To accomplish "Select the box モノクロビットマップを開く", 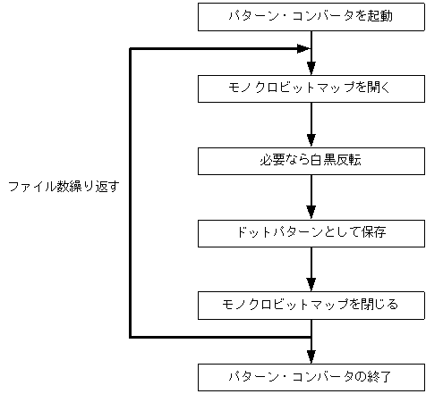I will (310, 88).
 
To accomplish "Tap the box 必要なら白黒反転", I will (310, 160).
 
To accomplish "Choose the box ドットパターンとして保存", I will (310, 232).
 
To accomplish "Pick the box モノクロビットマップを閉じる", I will (310, 305).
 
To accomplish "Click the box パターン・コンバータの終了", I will (310, 376).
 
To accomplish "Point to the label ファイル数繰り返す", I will (63, 188).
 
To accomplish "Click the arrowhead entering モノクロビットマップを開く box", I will (311, 68).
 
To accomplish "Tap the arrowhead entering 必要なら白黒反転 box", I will (311, 140).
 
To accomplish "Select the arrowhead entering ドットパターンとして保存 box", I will (311, 213).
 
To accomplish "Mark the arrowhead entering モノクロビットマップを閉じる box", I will (311, 285).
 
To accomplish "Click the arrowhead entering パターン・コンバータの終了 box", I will (311, 356).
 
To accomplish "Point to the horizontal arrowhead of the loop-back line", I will (303, 48).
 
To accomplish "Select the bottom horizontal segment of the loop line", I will (220, 337).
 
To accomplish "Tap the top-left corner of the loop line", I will (131, 48).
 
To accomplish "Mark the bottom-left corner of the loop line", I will (131, 337).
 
